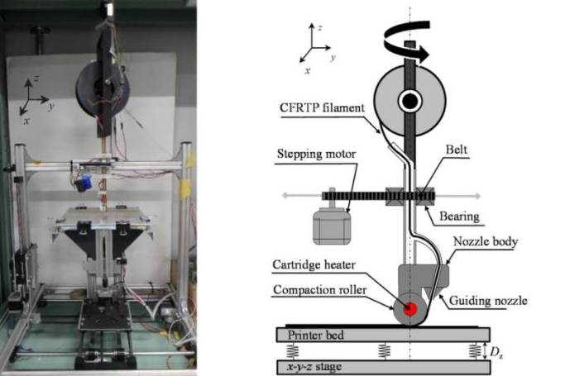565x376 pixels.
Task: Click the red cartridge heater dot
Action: coord(409,309)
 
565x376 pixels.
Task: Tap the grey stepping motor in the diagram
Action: coord(329,225)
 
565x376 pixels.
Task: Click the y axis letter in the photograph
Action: coord(51,106)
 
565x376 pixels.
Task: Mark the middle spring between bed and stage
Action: coord(383,350)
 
